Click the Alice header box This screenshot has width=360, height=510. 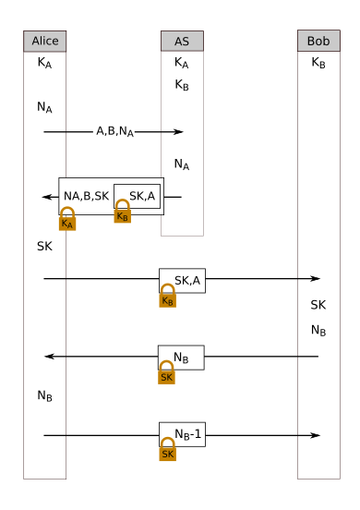pyautogui.click(x=44, y=41)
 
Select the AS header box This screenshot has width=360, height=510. pyautogui.click(x=181, y=41)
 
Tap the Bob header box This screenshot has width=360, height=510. pyautogui.click(x=318, y=41)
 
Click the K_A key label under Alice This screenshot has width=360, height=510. pyautogui.click(x=44, y=64)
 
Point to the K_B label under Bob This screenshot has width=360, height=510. pyautogui.click(x=318, y=64)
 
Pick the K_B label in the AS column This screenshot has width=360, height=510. pyautogui.click(x=181, y=85)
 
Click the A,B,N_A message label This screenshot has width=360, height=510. pyautogui.click(x=115, y=132)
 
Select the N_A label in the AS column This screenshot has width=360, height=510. pyautogui.click(x=181, y=165)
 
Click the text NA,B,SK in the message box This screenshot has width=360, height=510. pyautogui.click(x=87, y=197)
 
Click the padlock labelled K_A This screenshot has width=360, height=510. pyautogui.click(x=67, y=219)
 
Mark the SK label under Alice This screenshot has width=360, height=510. pyautogui.click(x=44, y=247)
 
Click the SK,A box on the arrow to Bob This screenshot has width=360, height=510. pyautogui.click(x=182, y=280)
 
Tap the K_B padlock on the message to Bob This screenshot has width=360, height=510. pyautogui.click(x=168, y=297)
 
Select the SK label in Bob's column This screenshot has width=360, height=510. pyautogui.click(x=318, y=305)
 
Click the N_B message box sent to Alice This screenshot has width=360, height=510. pyautogui.click(x=181, y=357)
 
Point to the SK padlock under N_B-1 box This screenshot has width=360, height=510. pyautogui.click(x=168, y=450)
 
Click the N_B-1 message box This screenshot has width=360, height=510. pyautogui.click(x=182, y=434)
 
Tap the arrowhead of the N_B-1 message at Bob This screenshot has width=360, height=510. pyautogui.click(x=315, y=434)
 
